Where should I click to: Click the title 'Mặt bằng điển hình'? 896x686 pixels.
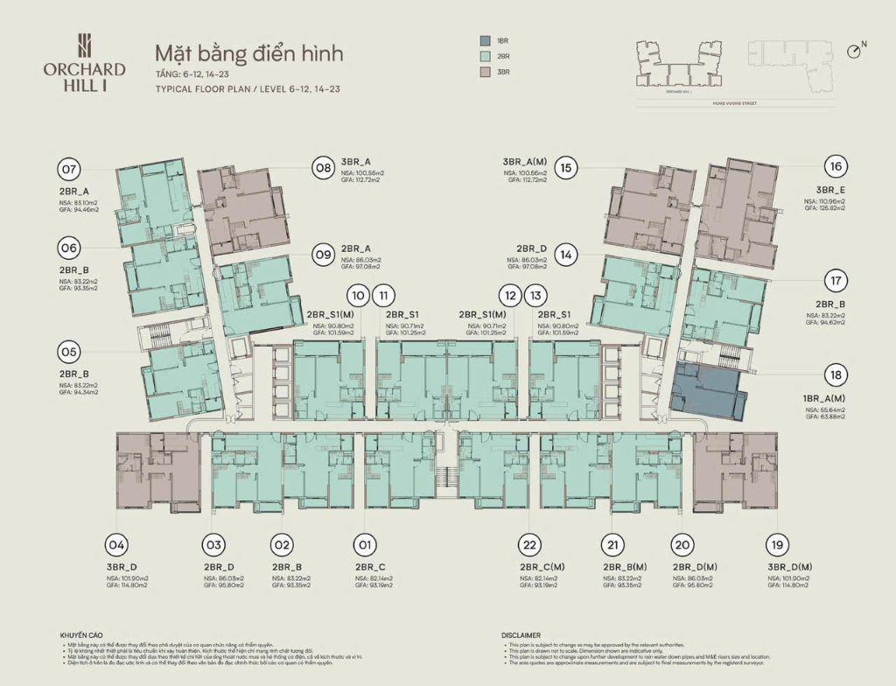point(248,53)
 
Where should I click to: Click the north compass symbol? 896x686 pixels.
point(855,51)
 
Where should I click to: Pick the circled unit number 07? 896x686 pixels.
point(69,169)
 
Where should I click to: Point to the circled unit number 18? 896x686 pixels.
point(836,375)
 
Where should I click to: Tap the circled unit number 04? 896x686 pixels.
point(115,545)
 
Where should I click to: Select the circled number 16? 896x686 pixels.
point(836,166)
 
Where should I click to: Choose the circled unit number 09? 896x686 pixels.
point(323,255)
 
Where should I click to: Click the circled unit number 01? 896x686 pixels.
point(365,545)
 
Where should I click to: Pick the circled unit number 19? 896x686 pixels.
point(774,545)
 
